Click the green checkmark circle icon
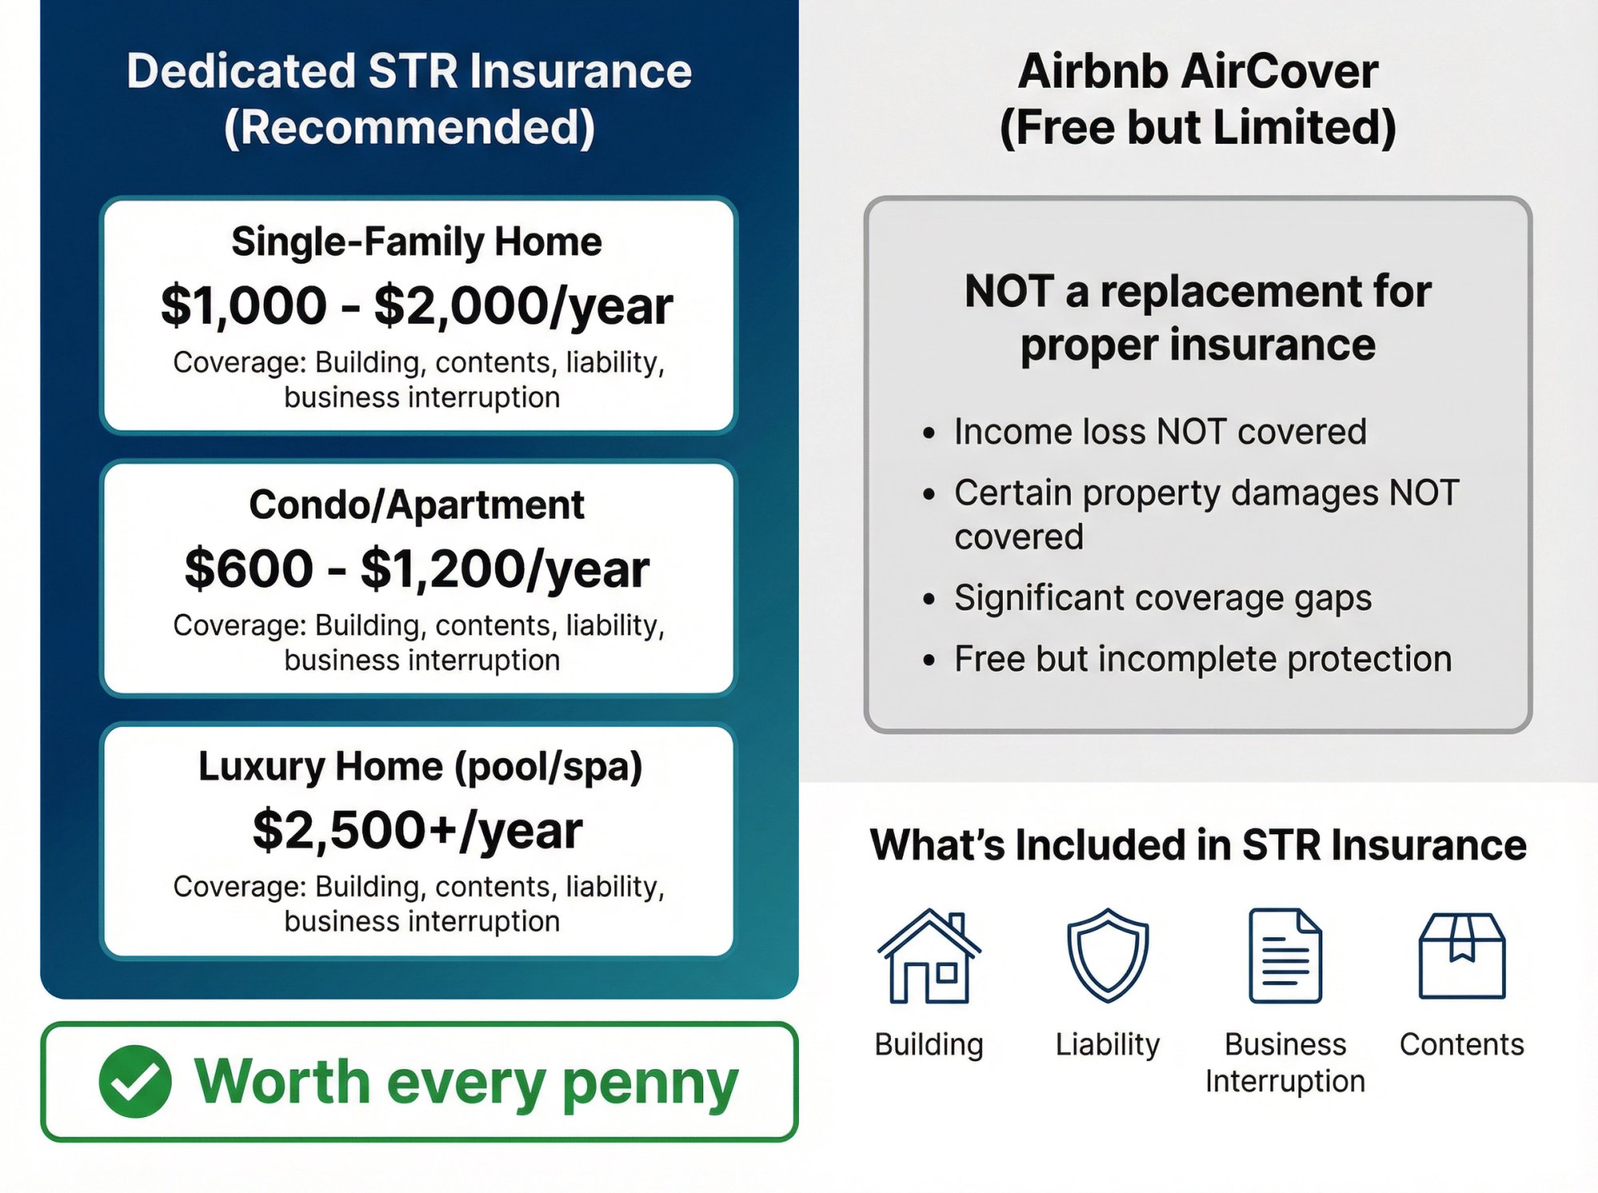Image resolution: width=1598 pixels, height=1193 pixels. (135, 1081)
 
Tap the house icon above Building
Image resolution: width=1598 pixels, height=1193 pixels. (928, 956)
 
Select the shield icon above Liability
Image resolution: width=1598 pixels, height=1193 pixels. (1107, 955)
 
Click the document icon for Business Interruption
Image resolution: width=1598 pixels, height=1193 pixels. (1285, 956)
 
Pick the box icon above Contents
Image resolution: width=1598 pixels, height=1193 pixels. (1461, 956)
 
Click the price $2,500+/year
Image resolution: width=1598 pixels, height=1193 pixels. (417, 830)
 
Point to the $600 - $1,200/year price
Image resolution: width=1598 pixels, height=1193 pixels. (417, 569)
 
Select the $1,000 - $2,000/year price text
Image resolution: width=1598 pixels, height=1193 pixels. (417, 306)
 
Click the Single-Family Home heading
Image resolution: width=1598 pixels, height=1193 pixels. (417, 241)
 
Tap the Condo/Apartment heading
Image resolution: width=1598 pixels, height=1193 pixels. (417, 505)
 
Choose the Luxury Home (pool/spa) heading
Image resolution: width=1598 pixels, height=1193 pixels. (420, 766)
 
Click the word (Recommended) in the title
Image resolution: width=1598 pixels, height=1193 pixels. (409, 128)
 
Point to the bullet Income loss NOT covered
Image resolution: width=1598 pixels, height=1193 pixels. (1159, 432)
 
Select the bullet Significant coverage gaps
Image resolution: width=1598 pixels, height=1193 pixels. (1163, 598)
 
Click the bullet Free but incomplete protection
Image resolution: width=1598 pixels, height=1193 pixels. (1202, 659)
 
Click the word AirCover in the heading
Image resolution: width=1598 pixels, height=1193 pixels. (1279, 72)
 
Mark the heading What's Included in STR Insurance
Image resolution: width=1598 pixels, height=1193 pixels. (1198, 845)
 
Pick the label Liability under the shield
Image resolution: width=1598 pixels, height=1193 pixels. (1107, 1044)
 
